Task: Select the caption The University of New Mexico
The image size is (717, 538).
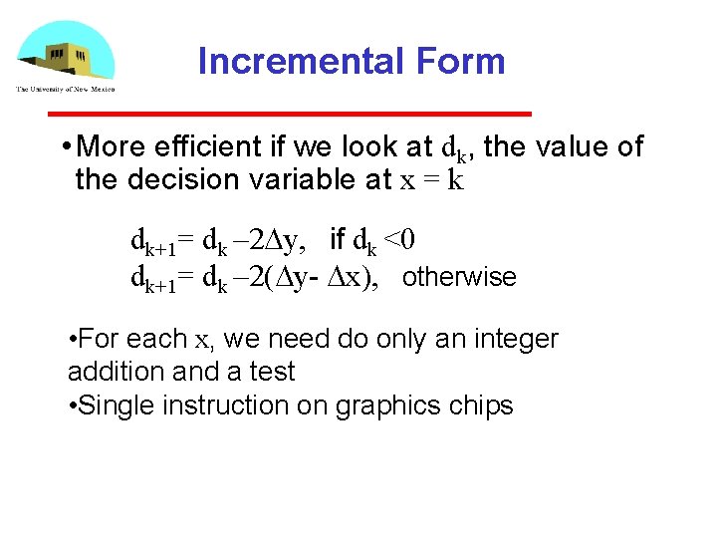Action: click(x=65, y=90)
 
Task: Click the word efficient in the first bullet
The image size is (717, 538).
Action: click(x=210, y=147)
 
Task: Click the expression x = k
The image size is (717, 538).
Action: click(x=430, y=180)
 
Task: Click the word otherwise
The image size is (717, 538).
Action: click(x=459, y=277)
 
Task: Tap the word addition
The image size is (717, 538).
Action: click(x=109, y=372)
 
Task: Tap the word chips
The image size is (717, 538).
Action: click(x=477, y=405)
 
